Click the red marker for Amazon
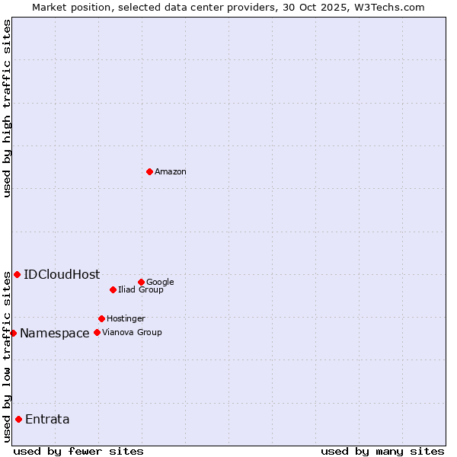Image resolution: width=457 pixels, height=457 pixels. pos(149,171)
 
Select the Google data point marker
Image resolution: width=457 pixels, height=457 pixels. pos(141,282)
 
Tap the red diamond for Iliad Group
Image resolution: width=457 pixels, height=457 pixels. pos(113,289)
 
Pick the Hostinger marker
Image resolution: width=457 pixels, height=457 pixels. pos(101,318)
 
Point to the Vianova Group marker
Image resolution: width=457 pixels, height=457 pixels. pos(97,332)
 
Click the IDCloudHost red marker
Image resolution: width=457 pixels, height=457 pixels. pos(17,274)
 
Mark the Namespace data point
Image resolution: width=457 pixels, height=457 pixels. pos(13,333)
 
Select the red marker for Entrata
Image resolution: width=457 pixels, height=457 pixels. pos(18,419)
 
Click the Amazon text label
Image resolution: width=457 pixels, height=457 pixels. pos(171,172)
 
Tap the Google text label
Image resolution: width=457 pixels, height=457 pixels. pos(160,283)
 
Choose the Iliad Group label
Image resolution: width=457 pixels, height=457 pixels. pos(141,289)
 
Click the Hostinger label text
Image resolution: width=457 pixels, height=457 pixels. pos(126,318)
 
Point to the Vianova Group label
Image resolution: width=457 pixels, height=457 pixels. pos(132,332)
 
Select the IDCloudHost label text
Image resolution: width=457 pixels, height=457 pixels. pos(62,275)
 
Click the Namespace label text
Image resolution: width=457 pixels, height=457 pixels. pos(55,334)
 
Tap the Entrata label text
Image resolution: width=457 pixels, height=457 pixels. pos(47,420)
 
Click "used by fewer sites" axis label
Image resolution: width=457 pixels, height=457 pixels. pos(78,451)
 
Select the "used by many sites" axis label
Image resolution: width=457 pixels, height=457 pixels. pos(382,451)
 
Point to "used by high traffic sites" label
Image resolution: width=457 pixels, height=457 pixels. pos(7,108)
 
